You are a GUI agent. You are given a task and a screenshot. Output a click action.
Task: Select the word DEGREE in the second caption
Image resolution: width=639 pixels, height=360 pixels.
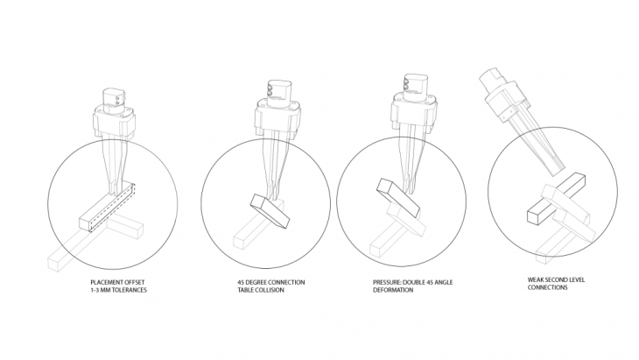[x=257, y=282]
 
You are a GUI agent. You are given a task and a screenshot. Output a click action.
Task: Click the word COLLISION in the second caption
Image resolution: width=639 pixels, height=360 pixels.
[x=270, y=290]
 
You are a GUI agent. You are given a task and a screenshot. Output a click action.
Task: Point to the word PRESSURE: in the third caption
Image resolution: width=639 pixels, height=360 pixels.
[x=387, y=282]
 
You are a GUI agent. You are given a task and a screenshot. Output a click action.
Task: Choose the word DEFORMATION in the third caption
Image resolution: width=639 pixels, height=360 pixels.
[x=393, y=290]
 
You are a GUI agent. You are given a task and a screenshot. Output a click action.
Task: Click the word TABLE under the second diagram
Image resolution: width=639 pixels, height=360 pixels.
[x=246, y=290]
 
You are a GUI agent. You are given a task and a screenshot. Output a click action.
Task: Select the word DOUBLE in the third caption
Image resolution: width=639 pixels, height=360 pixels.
[x=414, y=282]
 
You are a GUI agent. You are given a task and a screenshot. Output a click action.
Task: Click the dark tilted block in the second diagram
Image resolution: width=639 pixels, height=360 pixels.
[x=270, y=211]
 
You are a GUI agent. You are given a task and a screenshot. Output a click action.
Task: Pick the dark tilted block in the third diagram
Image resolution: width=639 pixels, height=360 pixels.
[x=399, y=197]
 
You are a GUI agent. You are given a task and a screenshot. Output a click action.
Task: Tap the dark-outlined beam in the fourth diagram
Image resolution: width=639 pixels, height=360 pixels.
[x=556, y=199]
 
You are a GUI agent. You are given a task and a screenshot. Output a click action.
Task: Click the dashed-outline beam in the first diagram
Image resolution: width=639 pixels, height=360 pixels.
[x=113, y=207]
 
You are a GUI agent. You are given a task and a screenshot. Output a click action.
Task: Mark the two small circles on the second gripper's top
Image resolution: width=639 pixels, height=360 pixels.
[x=270, y=90]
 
